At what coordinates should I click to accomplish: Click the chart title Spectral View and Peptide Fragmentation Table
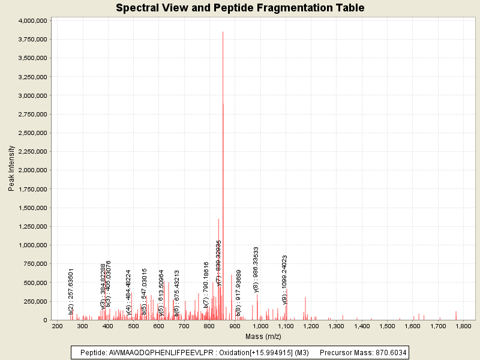click(240, 8)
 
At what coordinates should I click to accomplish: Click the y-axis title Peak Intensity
click(11, 169)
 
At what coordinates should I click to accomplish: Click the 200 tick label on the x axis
click(58, 326)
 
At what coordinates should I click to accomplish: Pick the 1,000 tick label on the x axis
click(260, 326)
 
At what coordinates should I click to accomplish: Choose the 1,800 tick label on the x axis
click(463, 326)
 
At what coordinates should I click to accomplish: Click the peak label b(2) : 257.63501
click(71, 292)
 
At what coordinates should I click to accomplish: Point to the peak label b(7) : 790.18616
click(206, 284)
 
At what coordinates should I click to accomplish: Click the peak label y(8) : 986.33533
click(257, 270)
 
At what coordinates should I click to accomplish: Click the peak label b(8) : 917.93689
click(238, 293)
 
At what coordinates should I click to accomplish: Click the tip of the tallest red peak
click(223, 32)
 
